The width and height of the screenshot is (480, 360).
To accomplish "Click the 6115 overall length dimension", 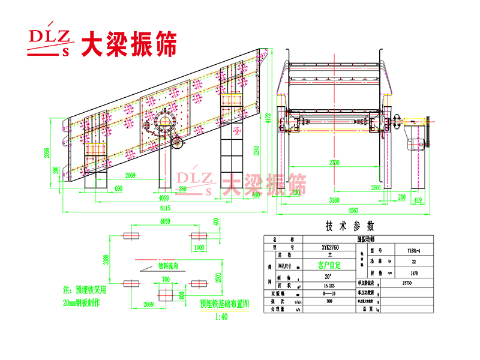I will pos(164,208).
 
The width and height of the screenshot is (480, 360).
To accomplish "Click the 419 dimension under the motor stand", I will pos(418,200).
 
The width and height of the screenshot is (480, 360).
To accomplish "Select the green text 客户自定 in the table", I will pos(329,264).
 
